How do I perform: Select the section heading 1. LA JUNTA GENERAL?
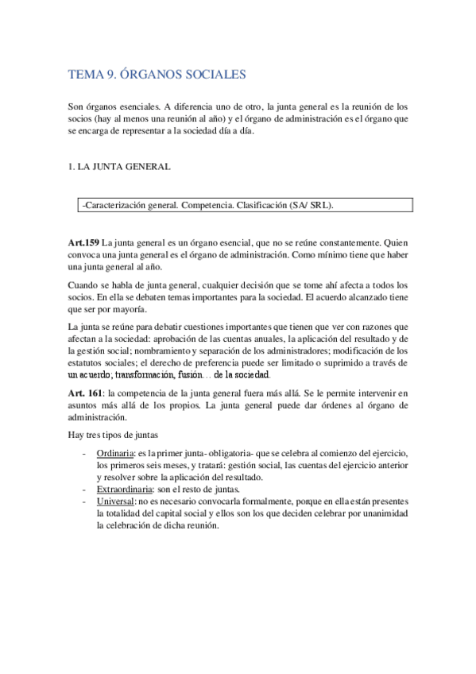pos(118,168)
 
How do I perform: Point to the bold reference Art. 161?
pos(86,393)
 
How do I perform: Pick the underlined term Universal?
pos(114,502)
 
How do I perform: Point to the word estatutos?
pos(90,362)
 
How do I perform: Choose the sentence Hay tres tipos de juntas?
pos(114,434)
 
